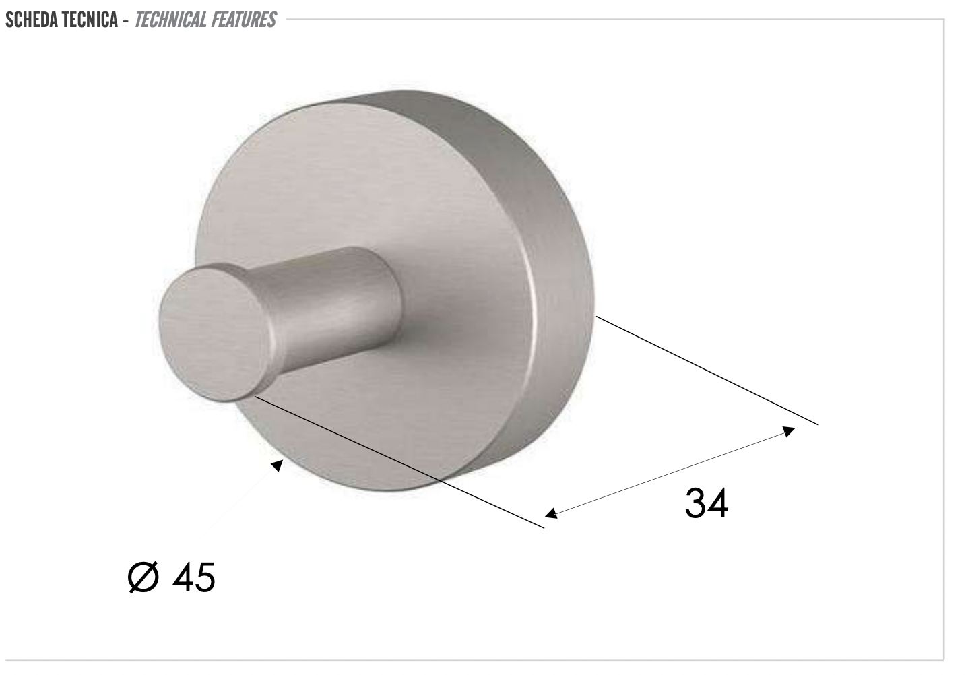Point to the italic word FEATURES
coord(243,20)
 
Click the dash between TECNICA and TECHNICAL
coord(126,20)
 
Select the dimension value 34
coord(706,503)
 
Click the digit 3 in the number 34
coord(695,503)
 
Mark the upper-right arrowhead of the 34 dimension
coord(789,430)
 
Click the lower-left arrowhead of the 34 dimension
coord(551,513)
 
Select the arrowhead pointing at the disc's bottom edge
coord(276,465)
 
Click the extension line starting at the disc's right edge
coord(707,371)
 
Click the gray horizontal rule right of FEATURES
coord(606,20)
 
